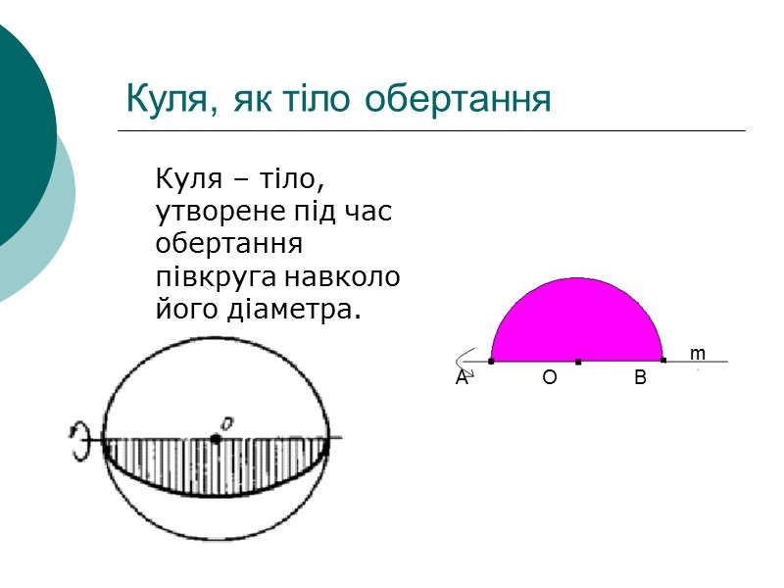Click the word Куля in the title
[x=163, y=100]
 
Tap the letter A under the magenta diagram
[x=461, y=378]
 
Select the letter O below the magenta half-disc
[x=549, y=378]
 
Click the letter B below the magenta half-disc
[x=640, y=378]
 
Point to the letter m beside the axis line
[x=697, y=352]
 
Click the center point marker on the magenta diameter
[x=578, y=362]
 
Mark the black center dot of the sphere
[x=216, y=438]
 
